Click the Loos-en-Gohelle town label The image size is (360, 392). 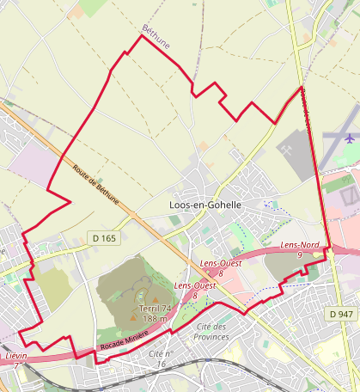[204, 206]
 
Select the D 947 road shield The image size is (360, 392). [340, 315]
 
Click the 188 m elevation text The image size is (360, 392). [155, 319]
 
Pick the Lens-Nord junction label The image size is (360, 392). [301, 246]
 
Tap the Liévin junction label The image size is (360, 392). [15, 355]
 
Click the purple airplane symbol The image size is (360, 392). [349, 137]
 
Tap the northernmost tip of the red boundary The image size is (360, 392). [141, 36]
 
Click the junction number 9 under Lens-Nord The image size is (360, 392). [300, 255]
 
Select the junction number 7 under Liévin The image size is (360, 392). [15, 364]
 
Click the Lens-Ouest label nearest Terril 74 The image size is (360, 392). [194, 285]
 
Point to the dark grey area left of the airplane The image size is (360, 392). [294, 152]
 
